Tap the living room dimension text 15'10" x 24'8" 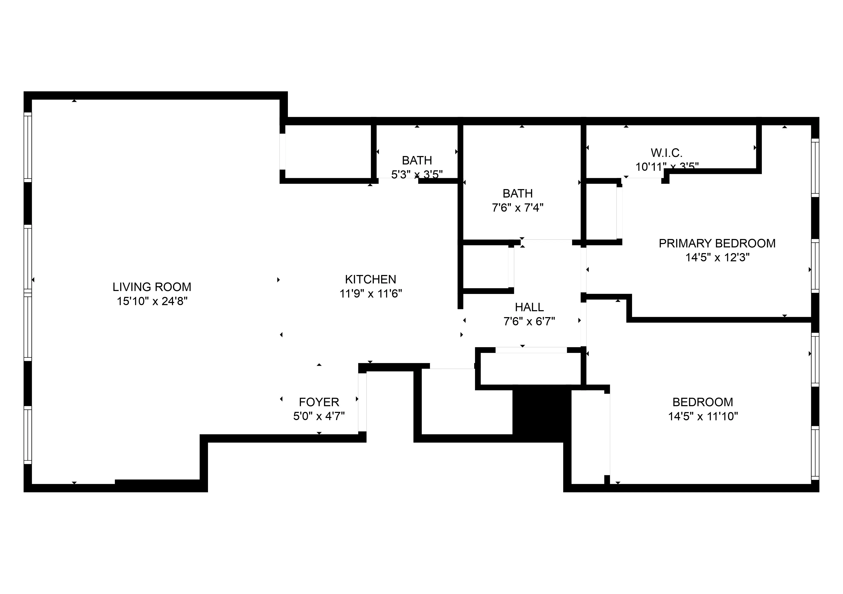point(152,301)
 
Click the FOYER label point(319,402)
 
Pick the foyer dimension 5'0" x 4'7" point(319,416)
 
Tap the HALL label point(529,307)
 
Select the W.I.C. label point(666,153)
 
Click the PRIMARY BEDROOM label point(717,243)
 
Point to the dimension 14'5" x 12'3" point(717,258)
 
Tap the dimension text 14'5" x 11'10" point(703,416)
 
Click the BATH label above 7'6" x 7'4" point(517,193)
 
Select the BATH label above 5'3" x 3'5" point(417,160)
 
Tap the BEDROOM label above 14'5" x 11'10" point(703,402)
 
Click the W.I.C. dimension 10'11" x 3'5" point(666,167)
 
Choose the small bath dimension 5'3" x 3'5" point(417,175)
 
